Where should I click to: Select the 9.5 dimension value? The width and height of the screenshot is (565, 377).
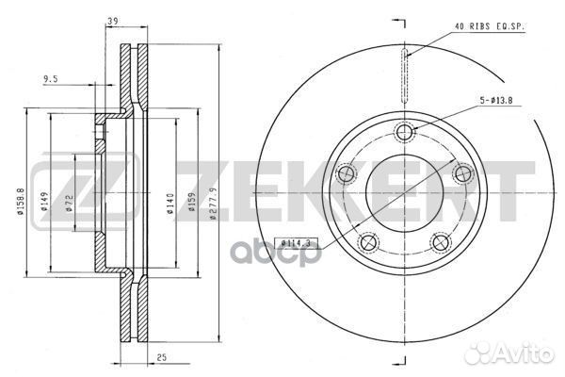51,80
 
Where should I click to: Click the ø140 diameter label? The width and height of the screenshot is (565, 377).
170,203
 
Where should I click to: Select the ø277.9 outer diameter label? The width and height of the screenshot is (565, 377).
216,200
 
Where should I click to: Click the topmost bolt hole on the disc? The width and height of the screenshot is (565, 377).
405,132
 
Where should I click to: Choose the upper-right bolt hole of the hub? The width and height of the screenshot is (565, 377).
462,173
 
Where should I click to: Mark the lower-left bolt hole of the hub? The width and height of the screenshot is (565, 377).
368,243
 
